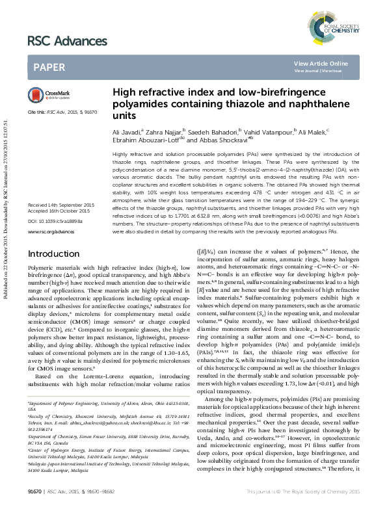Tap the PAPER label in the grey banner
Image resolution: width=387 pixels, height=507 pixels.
(48, 67)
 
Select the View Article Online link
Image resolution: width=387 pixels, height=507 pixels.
(321, 63)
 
